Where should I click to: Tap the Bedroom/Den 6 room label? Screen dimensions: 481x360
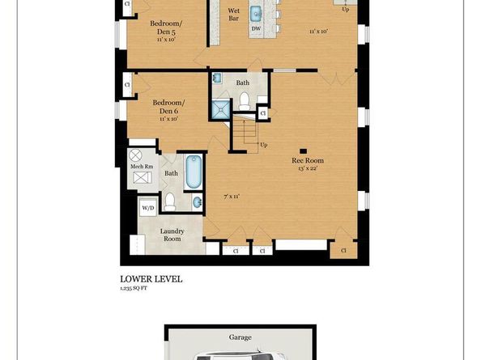(x=168, y=107)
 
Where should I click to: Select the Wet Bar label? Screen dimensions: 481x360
(x=233, y=15)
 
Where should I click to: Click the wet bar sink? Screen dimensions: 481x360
(x=256, y=14)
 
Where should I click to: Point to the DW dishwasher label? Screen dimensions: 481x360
(x=256, y=28)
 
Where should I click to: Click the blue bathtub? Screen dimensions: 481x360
(x=194, y=172)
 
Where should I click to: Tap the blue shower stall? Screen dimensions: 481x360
(x=220, y=109)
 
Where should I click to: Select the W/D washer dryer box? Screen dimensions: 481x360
(x=148, y=208)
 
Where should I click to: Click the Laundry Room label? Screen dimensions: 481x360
(x=172, y=235)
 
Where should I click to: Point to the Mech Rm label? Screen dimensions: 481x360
(x=142, y=167)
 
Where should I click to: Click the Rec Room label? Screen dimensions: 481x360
(x=308, y=160)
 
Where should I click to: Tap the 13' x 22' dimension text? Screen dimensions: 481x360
(x=308, y=168)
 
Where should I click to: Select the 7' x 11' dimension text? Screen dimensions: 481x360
(x=232, y=197)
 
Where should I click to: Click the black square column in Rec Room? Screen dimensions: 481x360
(x=303, y=151)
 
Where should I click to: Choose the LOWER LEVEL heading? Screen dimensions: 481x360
(x=151, y=279)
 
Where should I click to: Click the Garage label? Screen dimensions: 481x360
(x=240, y=337)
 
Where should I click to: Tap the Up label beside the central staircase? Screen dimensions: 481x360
(x=263, y=145)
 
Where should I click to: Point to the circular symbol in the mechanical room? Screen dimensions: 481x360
(x=135, y=155)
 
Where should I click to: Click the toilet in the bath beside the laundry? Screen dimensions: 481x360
(x=169, y=202)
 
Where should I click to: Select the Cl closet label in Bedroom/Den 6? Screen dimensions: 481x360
(x=127, y=85)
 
